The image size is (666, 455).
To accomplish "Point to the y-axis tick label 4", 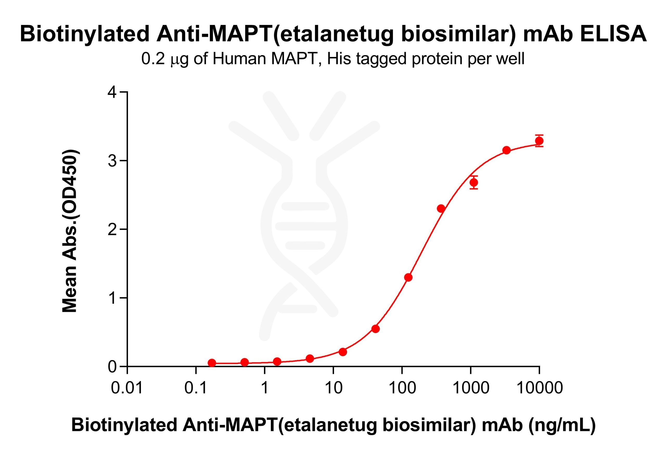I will coord(112,93).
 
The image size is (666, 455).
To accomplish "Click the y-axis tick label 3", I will coord(112,161).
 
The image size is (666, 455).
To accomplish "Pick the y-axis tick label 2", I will coord(112,230).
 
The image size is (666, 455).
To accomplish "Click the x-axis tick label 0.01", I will coord(127,388).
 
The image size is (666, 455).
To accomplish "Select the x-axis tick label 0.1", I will coord(196,388).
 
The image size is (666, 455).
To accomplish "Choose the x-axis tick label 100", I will coord(402,388).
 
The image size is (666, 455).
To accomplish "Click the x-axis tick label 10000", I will coord(540,388).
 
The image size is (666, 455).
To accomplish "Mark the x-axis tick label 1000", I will coord(471,388).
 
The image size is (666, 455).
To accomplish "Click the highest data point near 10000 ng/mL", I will coord(539,141).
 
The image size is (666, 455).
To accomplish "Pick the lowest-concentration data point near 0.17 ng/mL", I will coord(212,363).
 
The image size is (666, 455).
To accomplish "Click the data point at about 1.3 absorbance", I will coord(408,277).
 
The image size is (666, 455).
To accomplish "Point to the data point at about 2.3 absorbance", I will coord(441,209).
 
